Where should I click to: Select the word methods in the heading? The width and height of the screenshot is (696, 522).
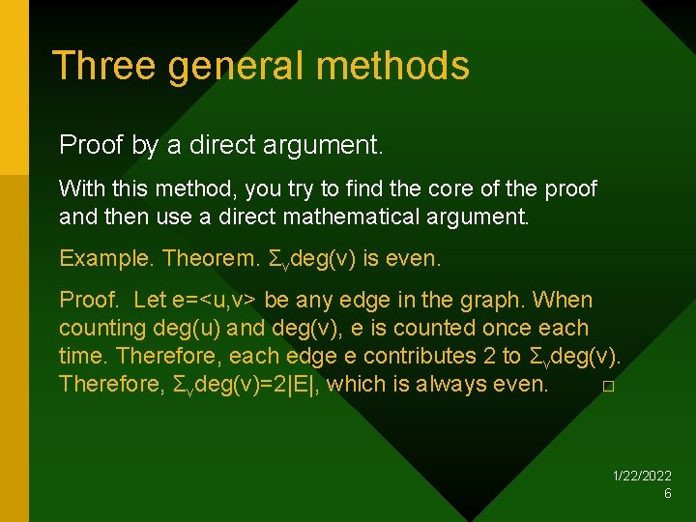pyautogui.click(x=392, y=66)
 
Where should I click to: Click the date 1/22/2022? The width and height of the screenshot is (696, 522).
pyautogui.click(x=643, y=476)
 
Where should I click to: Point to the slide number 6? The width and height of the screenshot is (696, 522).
pyautogui.click(x=667, y=493)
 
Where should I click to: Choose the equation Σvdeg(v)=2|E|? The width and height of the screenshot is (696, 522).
pyautogui.click(x=244, y=385)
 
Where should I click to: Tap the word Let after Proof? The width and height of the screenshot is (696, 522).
pyautogui.click(x=150, y=301)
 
